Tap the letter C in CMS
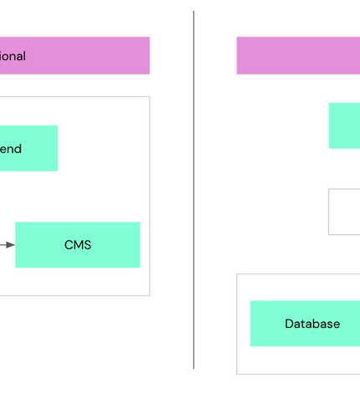[x=69, y=245]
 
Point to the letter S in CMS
[x=87, y=245]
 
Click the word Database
[x=312, y=324]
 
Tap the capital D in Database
[x=290, y=324]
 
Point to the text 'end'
[x=11, y=149]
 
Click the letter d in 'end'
[x=18, y=149]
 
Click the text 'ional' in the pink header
[x=13, y=56]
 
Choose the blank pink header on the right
[x=298, y=55]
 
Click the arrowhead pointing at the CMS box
[x=11, y=245]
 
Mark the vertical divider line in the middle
[x=193, y=192]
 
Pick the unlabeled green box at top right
[x=344, y=125]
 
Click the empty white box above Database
[x=344, y=212]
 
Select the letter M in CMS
[x=78, y=245]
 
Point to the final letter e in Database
[x=336, y=325]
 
